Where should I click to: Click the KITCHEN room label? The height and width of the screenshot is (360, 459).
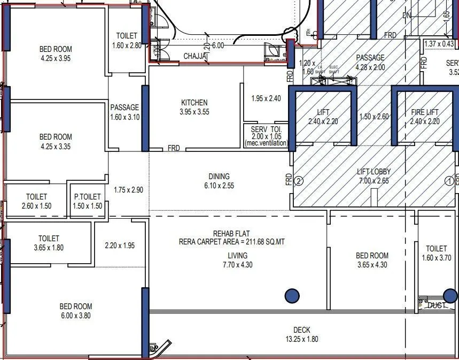[194, 103]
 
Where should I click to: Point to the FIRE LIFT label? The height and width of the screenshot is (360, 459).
[425, 112]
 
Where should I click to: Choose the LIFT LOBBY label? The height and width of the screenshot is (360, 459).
[374, 172]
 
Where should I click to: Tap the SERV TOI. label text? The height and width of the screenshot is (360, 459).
[266, 129]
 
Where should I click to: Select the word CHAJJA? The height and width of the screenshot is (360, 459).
[195, 56]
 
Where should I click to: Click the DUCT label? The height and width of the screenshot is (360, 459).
[437, 305]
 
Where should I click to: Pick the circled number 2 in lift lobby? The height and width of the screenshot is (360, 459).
[299, 181]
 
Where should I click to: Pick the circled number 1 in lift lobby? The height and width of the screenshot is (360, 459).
[449, 181]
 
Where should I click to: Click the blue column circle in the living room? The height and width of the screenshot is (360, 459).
[292, 295]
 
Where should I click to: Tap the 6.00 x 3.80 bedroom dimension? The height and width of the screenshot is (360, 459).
[75, 316]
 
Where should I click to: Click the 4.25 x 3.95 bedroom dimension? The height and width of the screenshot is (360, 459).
[56, 58]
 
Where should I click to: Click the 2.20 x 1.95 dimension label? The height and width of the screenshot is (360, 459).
[120, 246]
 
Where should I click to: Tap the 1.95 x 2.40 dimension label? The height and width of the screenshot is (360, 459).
[266, 98]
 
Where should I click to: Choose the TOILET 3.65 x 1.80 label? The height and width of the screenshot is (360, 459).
[49, 243]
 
